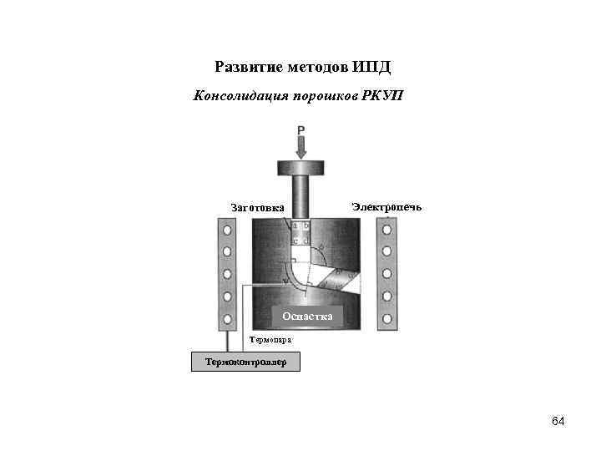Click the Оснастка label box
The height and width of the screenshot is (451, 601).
(307, 316)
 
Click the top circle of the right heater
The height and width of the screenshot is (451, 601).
(386, 229)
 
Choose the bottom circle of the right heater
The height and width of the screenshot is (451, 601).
(386, 318)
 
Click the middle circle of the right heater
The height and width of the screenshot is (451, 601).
(386, 273)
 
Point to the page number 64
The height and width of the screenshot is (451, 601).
(558, 421)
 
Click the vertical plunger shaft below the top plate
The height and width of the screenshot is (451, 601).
(301, 196)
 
